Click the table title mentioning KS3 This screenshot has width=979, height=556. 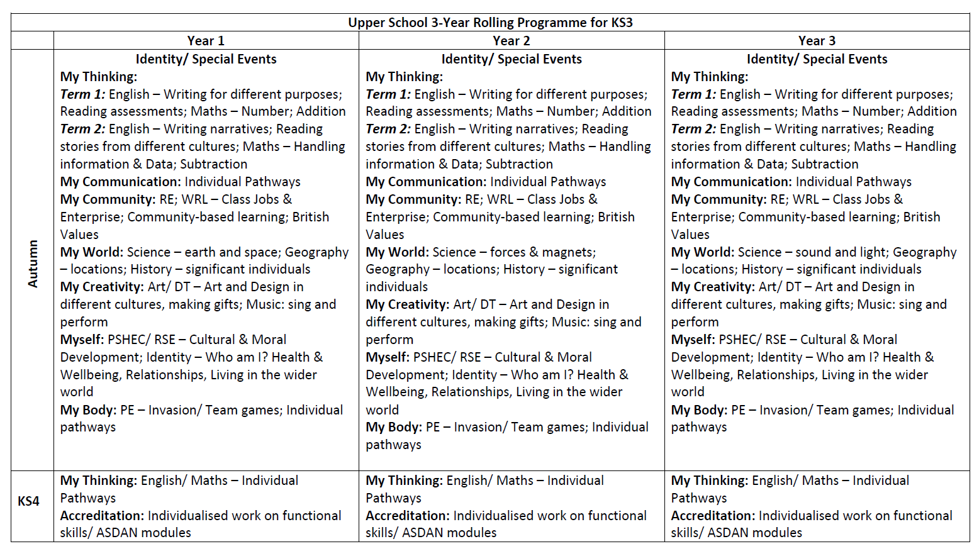click(x=490, y=23)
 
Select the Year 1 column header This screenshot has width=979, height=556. click(x=206, y=41)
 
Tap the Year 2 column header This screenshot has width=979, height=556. click(x=511, y=41)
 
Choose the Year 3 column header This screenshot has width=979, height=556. click(x=817, y=41)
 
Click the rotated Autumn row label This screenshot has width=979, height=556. click(x=33, y=264)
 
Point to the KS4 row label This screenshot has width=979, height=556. click(x=28, y=501)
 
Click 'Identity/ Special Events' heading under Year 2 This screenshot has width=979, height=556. click(x=511, y=59)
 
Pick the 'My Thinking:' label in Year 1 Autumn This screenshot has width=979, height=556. click(x=98, y=77)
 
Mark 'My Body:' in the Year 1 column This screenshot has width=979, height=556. click(x=88, y=410)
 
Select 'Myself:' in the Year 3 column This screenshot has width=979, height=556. click(x=693, y=340)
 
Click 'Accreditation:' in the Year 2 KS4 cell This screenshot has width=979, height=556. click(x=407, y=516)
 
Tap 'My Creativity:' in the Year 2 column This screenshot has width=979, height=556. click(x=407, y=304)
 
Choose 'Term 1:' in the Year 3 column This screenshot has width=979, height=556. click(x=693, y=94)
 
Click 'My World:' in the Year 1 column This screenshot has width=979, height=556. click(x=91, y=252)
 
